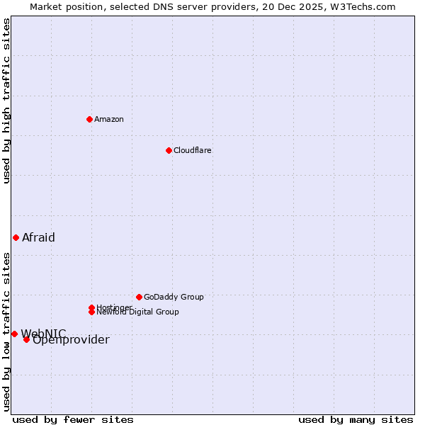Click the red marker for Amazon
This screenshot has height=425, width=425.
tap(89, 119)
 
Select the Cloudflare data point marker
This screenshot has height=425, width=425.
tap(169, 150)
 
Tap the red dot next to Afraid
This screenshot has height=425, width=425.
tap(16, 237)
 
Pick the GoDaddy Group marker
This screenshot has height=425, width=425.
tap(139, 297)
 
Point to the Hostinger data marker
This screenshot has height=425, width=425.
tap(91, 307)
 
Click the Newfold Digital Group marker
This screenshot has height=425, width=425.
tap(91, 312)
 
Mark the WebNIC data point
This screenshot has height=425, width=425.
tap(14, 334)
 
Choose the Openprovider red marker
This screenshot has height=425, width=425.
tap(26, 339)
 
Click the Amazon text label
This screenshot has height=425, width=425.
tap(109, 119)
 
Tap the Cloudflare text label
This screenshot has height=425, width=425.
tap(193, 150)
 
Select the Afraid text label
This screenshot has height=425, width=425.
tap(38, 237)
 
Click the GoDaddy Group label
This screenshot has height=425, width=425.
tap(174, 297)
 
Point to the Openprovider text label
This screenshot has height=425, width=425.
tap(71, 340)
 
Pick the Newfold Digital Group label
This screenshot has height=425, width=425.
tap(138, 312)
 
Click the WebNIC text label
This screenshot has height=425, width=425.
tap(43, 333)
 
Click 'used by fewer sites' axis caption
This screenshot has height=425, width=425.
tap(73, 419)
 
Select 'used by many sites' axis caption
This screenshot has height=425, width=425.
tap(356, 419)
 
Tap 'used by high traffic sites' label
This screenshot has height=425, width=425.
tap(6, 101)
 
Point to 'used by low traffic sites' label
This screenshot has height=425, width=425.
tap(6, 331)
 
